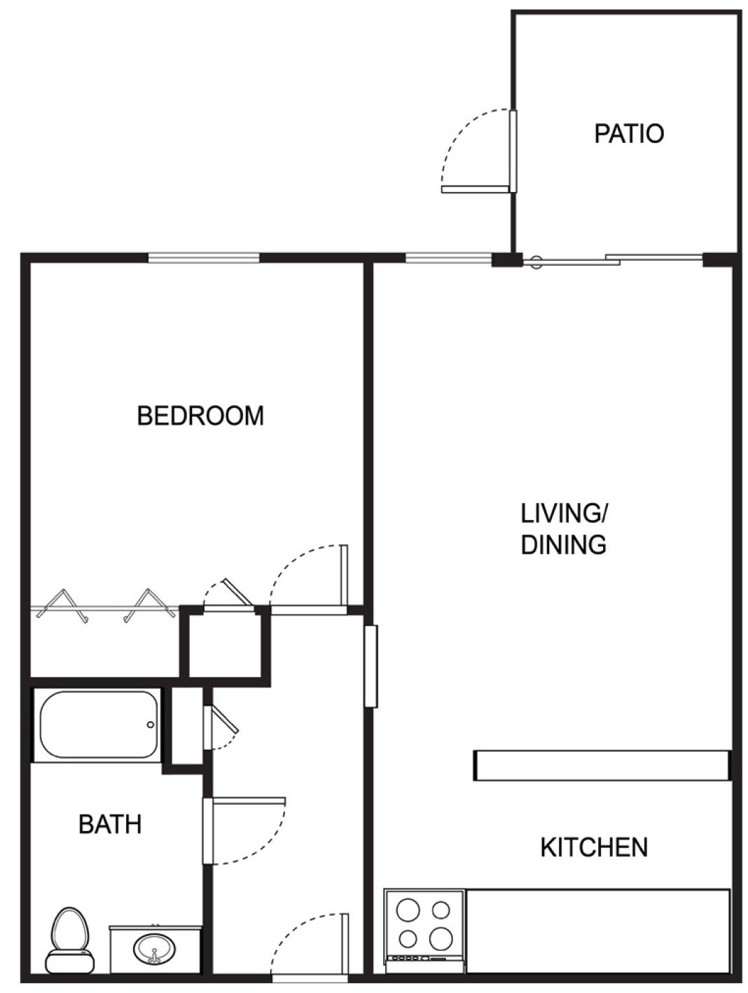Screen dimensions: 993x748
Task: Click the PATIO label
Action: click(x=628, y=133)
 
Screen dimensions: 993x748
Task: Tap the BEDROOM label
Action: click(x=200, y=416)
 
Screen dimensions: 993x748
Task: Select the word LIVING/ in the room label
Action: click(x=564, y=513)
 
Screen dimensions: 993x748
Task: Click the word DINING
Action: click(x=563, y=545)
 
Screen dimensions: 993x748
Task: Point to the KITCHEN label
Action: click(x=593, y=847)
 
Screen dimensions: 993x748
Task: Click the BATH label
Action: click(x=110, y=824)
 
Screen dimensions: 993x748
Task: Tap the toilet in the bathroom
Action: click(x=70, y=939)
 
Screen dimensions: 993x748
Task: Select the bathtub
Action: click(x=98, y=725)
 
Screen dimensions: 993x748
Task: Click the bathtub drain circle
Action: click(x=149, y=725)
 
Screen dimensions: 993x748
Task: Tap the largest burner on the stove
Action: click(x=441, y=937)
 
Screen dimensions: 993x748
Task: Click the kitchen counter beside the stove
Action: click(x=598, y=931)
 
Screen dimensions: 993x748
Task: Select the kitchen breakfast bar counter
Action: click(x=602, y=765)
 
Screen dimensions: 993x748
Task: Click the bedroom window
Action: click(x=203, y=258)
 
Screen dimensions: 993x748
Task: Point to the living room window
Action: click(x=448, y=259)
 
